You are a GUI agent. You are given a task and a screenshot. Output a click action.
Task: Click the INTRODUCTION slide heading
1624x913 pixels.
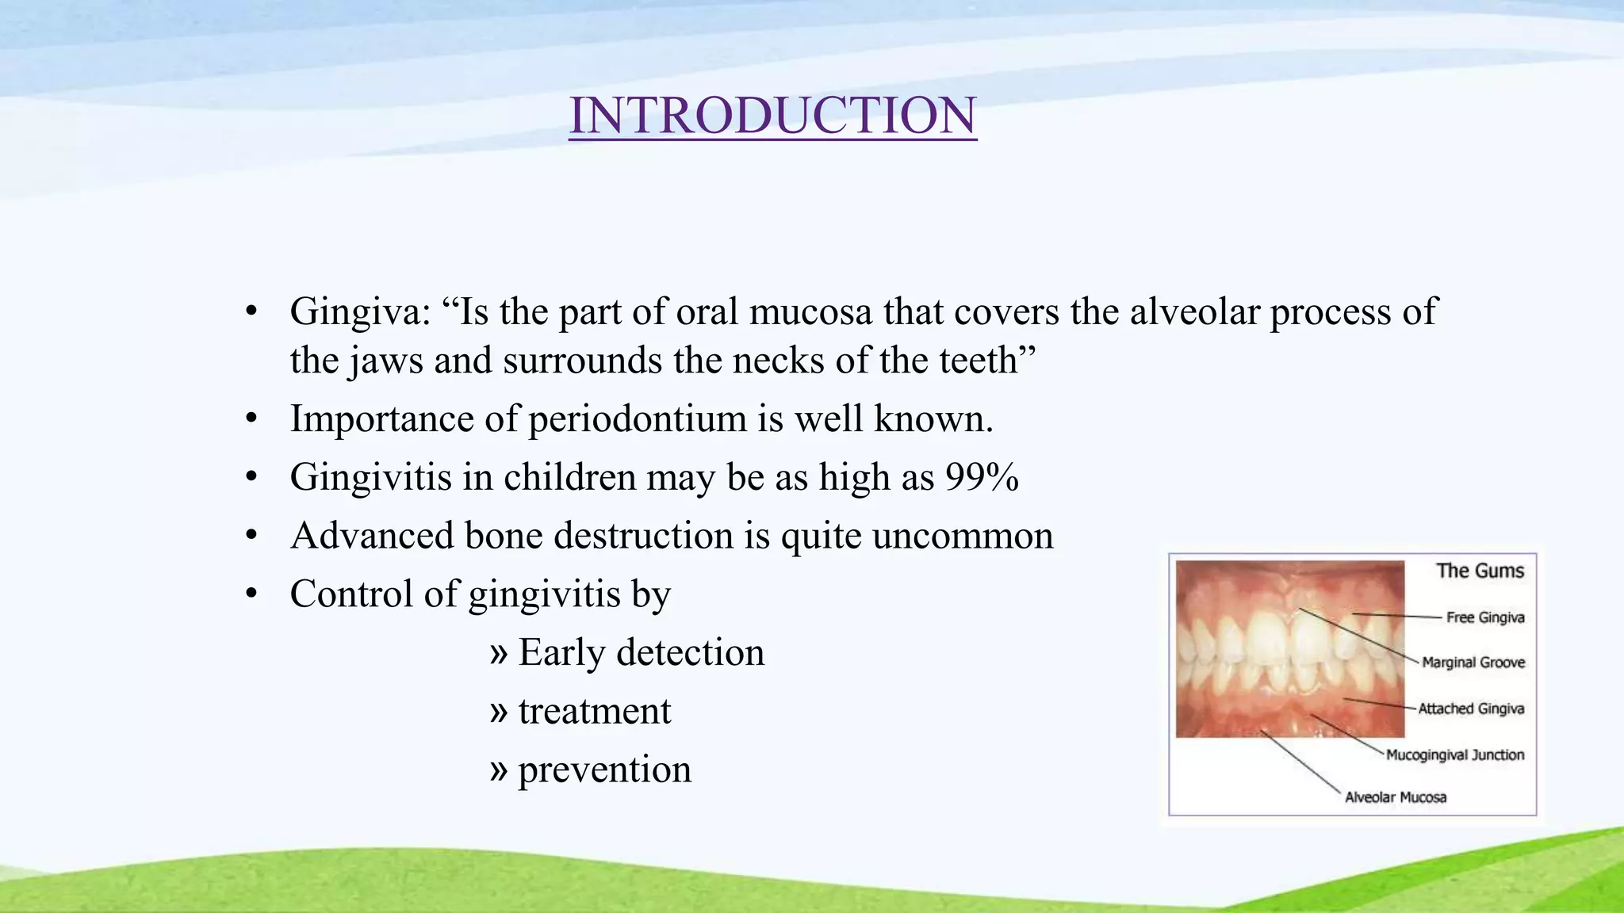pos(772,116)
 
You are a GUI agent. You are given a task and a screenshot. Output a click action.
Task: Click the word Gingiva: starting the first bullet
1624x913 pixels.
pos(360,312)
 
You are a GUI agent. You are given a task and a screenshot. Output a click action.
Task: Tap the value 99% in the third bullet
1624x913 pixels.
pos(982,477)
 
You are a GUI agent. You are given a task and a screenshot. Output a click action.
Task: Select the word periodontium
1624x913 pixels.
pos(638,419)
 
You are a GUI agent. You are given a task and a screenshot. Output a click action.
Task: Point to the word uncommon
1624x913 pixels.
pos(963,536)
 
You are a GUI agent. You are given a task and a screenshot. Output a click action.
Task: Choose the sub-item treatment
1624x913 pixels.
pos(595,711)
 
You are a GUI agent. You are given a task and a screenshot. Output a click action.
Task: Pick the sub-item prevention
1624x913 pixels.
pos(604,770)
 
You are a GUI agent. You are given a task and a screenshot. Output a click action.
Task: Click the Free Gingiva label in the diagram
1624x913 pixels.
pos(1484,617)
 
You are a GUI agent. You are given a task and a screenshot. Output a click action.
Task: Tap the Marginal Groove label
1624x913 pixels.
pos(1473,663)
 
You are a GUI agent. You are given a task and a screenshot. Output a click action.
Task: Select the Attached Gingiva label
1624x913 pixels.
pos(1471,709)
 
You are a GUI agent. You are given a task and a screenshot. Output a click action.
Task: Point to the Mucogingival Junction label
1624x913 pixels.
pos(1455,754)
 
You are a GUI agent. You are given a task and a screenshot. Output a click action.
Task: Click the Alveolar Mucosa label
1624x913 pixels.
pos(1396,797)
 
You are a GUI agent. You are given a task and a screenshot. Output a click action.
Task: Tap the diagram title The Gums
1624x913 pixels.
pos(1480,571)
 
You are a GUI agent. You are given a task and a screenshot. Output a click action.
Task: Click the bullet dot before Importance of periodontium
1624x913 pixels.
pos(251,419)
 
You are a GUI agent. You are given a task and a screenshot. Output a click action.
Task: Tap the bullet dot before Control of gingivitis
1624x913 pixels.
pos(251,594)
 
